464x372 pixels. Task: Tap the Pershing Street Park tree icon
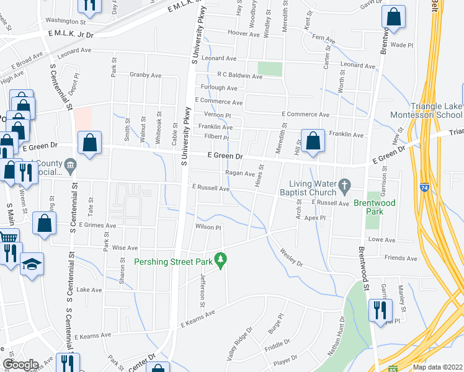click(x=219, y=258)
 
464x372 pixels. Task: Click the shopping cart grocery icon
click(x=7, y=237)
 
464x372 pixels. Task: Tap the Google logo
click(x=20, y=364)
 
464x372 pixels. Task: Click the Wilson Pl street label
click(x=208, y=228)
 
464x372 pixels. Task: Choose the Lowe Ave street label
click(x=382, y=239)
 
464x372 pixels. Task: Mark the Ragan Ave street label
click(x=240, y=174)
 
